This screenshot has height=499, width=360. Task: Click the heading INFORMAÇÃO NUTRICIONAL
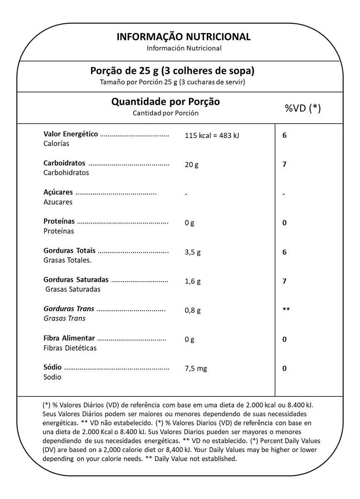[184, 37]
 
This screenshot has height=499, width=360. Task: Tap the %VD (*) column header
[303, 108]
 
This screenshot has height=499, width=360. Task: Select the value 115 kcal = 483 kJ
[212, 135]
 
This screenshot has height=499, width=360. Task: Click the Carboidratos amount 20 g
[191, 164]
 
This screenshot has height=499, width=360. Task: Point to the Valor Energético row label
[71, 134]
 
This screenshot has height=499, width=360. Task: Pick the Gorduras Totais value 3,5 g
[193, 252]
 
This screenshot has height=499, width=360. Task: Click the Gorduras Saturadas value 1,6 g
[193, 281]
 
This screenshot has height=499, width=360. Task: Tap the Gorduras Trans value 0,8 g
[193, 310]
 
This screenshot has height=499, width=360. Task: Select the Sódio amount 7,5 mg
[196, 368]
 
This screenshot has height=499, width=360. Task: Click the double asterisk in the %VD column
[286, 310]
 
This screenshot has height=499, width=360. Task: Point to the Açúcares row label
[58, 192]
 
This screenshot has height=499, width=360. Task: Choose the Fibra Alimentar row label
[69, 338]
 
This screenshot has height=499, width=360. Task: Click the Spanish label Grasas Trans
[64, 318]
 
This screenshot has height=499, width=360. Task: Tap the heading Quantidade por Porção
[166, 102]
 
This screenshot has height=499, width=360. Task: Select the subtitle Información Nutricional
[184, 48]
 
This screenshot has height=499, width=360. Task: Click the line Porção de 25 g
[172, 71]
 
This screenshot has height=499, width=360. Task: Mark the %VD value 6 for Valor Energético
[284, 135]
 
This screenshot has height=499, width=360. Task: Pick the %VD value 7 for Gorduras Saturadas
[284, 281]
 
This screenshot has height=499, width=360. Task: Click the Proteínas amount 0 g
[189, 223]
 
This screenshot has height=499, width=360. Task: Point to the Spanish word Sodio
[52, 377]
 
